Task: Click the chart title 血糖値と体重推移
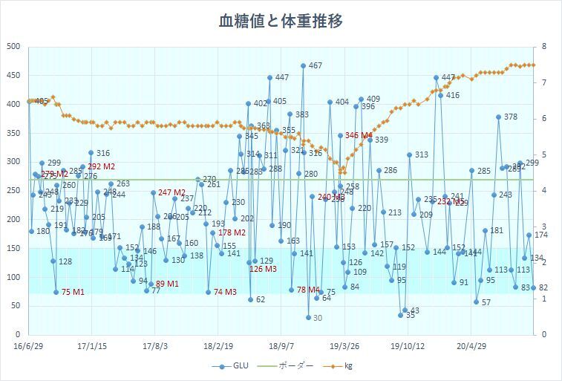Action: (281, 21)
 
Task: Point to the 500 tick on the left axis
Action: (13, 47)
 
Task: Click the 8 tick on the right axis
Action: (544, 47)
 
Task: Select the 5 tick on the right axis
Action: (544, 154)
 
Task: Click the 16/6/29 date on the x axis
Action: (29, 346)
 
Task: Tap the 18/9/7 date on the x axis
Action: (281, 346)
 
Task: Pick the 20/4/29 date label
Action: (471, 346)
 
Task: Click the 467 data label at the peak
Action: (315, 66)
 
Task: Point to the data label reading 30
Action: (317, 318)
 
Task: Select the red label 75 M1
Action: (73, 292)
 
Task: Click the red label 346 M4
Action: (359, 135)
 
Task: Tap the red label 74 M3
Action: (225, 292)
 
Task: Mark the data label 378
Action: (510, 117)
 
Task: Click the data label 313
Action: (421, 154)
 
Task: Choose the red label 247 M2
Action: (171, 192)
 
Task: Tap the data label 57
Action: (486, 302)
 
